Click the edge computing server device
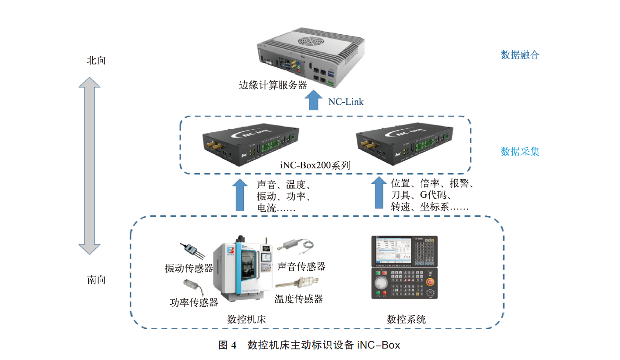pos(311,57)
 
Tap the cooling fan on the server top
pos(311,42)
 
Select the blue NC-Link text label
pos(346,102)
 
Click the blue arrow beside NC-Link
pos(313,100)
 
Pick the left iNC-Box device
pos(250,144)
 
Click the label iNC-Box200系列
pos(315,165)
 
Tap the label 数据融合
pos(520,55)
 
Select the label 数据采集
pos(520,152)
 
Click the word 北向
pos(96,60)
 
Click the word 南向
pos(96,280)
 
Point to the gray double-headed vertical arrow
pos(89,166)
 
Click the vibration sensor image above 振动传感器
pos(192,251)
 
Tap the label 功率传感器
pos(194,302)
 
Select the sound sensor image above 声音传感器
pos(296,246)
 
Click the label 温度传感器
pos(299,299)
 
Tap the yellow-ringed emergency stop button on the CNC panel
pos(430,282)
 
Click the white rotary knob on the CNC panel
pos(381,283)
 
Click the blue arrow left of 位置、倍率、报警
pos(379,193)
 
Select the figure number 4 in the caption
pos(234,345)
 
